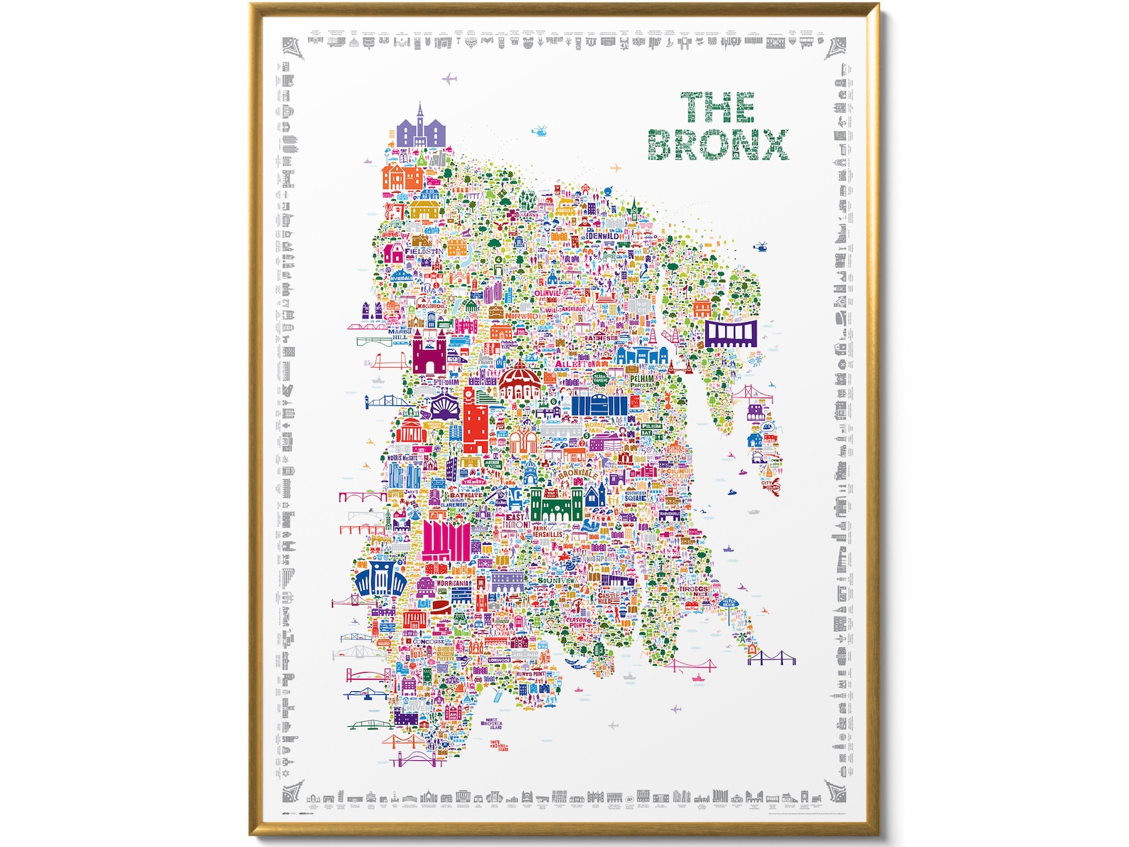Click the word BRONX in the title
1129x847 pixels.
point(718,144)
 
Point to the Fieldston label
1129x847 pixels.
point(424,252)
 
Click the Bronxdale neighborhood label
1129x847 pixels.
point(577,473)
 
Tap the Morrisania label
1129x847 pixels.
point(454,583)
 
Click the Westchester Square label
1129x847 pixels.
point(636,496)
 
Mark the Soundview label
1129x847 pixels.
point(556,581)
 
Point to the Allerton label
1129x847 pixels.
point(576,364)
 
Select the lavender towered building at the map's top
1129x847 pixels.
point(420,129)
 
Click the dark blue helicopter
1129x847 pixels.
point(760,247)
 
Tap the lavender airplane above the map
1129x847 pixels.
point(449,79)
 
